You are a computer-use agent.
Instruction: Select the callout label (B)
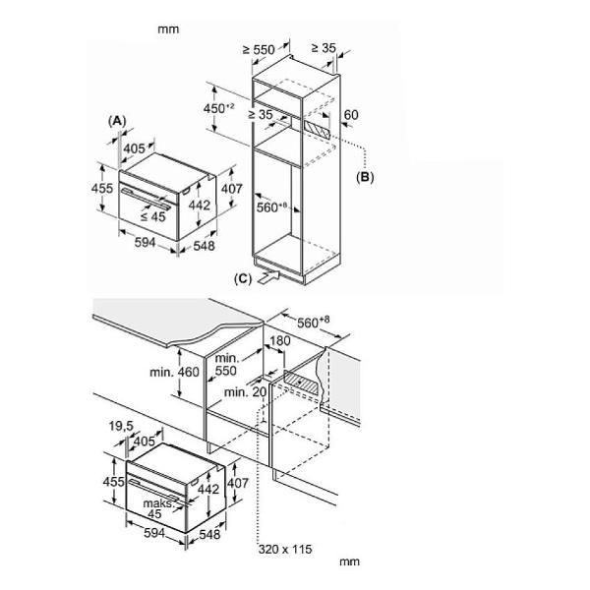tap(365, 178)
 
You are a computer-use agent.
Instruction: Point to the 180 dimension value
tap(279, 341)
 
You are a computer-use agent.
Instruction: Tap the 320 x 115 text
tap(287, 548)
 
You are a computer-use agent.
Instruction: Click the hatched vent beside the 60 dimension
tap(317, 128)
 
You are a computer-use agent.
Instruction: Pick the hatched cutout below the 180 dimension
tap(299, 383)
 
